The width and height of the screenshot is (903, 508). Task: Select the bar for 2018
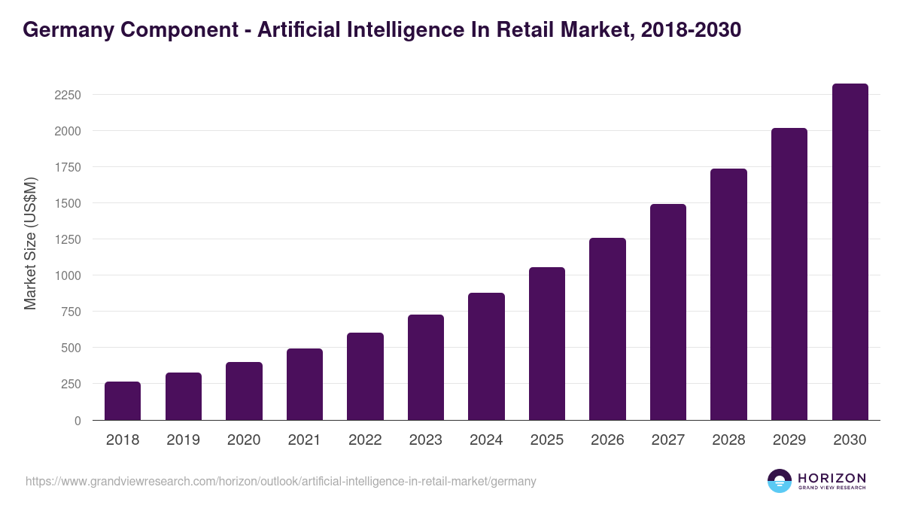pos(123,400)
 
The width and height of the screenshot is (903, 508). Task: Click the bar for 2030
pos(850,251)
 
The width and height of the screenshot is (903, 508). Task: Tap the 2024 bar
pos(486,356)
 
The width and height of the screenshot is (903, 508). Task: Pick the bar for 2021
pos(305,384)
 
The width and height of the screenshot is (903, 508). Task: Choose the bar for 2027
pos(668,312)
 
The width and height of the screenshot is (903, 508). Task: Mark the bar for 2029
pos(789,274)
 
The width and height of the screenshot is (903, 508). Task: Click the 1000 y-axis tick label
pos(65,275)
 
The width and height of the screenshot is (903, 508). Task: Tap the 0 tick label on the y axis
pos(77,421)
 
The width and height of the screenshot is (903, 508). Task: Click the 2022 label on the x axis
pos(365,440)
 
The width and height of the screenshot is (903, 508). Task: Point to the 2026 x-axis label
pos(607,440)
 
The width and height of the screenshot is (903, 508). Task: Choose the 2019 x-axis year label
pos(183,440)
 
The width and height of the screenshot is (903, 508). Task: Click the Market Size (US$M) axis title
pos(31,243)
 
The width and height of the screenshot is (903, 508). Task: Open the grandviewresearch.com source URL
pos(281,481)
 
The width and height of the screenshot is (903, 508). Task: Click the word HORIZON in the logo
pos(831,478)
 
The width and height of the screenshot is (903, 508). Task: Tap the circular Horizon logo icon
pos(780,481)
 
